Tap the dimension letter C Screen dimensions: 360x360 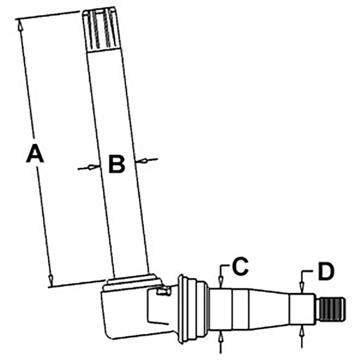240,266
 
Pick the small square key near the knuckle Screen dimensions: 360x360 163,291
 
